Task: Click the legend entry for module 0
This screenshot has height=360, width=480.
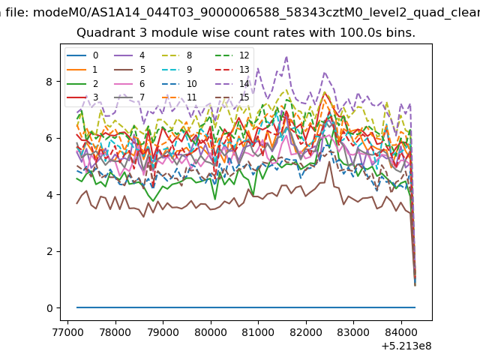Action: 82,55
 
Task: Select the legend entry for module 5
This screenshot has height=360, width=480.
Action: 130,70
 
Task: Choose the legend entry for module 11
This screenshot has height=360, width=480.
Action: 178,97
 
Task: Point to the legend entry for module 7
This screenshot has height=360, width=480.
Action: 130,97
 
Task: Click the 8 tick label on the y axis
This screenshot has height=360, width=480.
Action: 49,82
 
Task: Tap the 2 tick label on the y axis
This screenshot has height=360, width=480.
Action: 49,252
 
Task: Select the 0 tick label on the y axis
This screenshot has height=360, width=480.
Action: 49,308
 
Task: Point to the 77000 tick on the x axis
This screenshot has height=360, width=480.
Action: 68,332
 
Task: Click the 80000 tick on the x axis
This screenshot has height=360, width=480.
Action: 211,332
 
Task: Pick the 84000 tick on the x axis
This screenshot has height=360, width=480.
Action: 401,332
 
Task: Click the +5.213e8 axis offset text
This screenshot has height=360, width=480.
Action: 406,346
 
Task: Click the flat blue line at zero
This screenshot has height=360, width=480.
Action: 246,307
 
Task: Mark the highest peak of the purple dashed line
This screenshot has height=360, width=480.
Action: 286,57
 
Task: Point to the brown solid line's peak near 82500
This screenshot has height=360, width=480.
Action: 329,162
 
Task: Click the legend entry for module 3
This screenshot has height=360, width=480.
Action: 82,97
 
